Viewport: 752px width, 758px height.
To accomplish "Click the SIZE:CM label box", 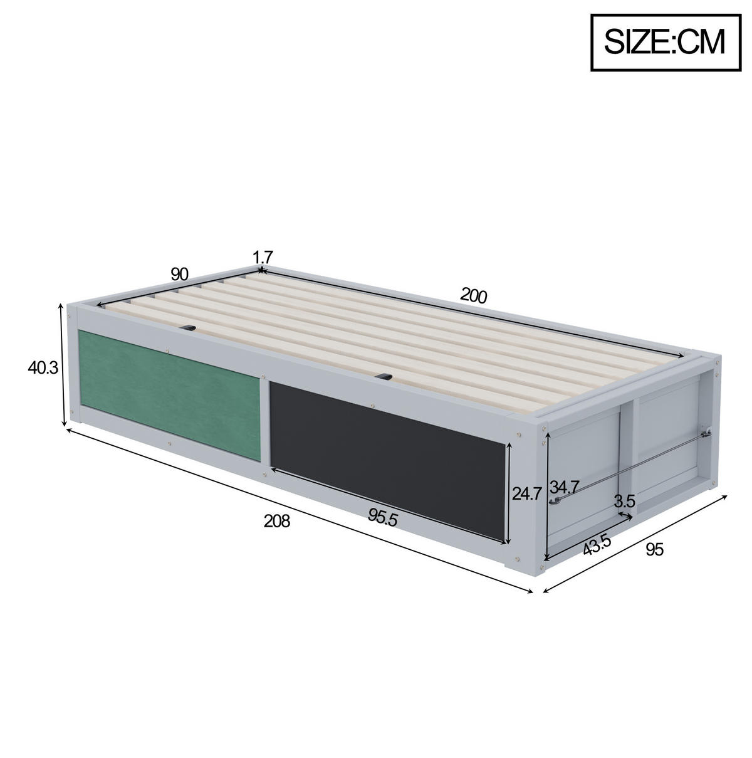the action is (x=666, y=43).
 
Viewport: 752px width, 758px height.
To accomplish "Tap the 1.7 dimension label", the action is (x=263, y=258).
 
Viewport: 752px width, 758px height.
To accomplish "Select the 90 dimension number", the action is (x=180, y=274).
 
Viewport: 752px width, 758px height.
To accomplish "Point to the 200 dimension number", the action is (x=474, y=295).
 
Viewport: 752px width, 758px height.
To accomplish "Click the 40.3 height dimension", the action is (x=43, y=368).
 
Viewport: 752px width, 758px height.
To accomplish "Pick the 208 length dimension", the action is (x=277, y=521).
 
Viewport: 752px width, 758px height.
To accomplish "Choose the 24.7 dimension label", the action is (x=527, y=493).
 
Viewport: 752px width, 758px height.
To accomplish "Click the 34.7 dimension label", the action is (x=564, y=487).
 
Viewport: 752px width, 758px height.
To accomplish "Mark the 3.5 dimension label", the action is (x=625, y=501).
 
